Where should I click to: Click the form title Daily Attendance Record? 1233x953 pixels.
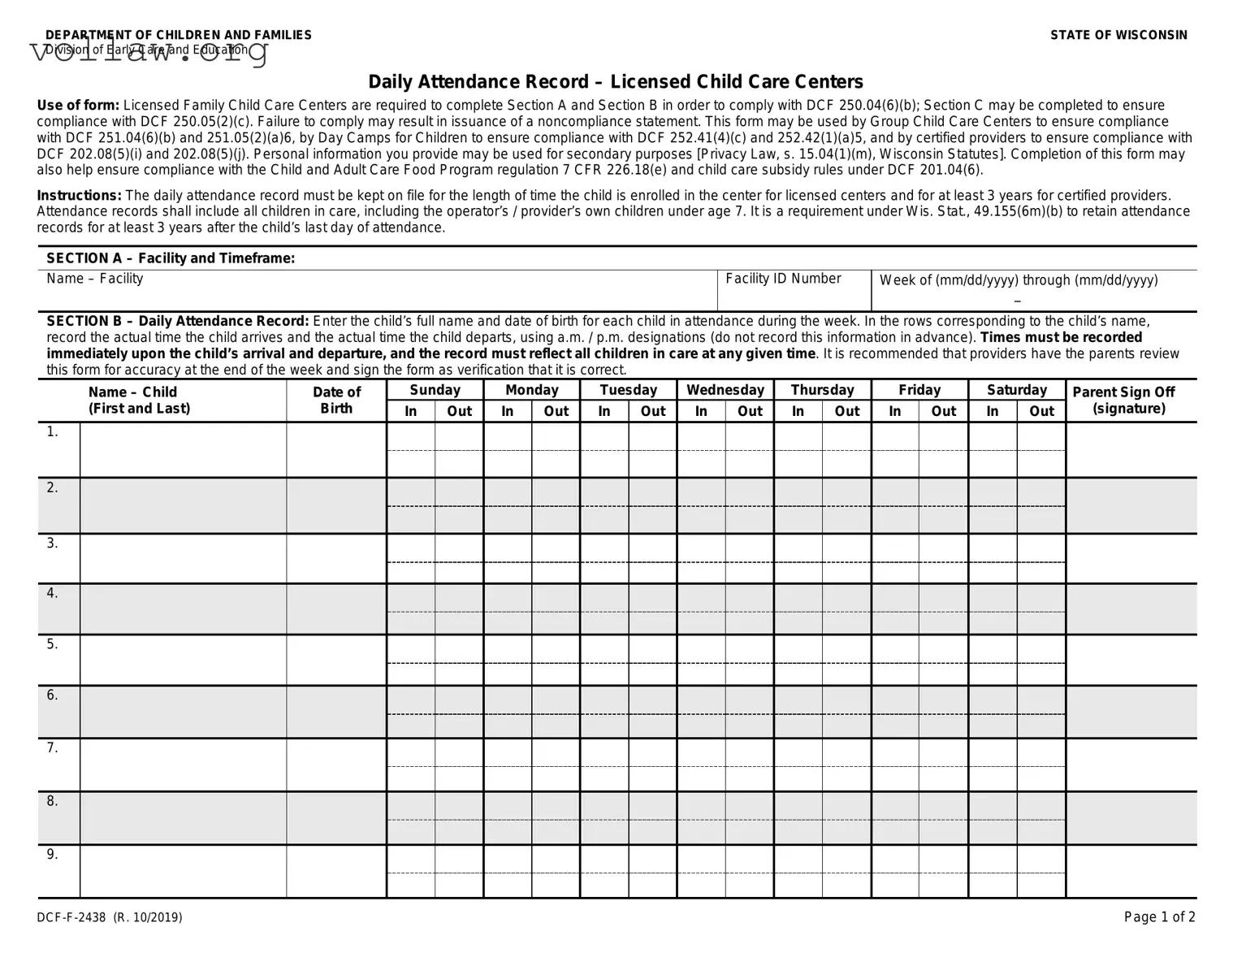pyautogui.click(x=616, y=82)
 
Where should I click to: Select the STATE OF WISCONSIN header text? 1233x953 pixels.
pyautogui.click(x=1118, y=35)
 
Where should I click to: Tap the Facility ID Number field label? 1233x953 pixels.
pyautogui.click(x=783, y=279)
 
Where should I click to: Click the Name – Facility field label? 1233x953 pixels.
pyautogui.click(x=95, y=279)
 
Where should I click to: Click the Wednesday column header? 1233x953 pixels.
pyautogui.click(x=725, y=390)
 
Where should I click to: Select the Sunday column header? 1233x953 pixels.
pyautogui.click(x=435, y=390)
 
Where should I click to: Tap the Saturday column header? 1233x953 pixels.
pyautogui.click(x=1017, y=390)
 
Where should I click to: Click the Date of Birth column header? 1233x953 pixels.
pyautogui.click(x=336, y=400)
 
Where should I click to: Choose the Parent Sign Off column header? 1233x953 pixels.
pyautogui.click(x=1123, y=400)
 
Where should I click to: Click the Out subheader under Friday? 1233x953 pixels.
pyautogui.click(x=943, y=411)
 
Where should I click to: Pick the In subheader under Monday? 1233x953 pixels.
pyautogui.click(x=508, y=411)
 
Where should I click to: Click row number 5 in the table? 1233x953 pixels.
pyautogui.click(x=53, y=644)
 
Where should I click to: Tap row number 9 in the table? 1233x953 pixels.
pyautogui.click(x=53, y=854)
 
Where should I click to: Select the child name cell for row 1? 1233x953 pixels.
pyautogui.click(x=183, y=449)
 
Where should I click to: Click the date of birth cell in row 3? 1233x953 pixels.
pyautogui.click(x=336, y=558)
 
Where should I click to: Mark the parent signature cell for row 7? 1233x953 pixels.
pyautogui.click(x=1131, y=765)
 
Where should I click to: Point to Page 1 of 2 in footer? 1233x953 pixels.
pyautogui.click(x=1159, y=917)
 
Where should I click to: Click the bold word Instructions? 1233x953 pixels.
pyautogui.click(x=80, y=196)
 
